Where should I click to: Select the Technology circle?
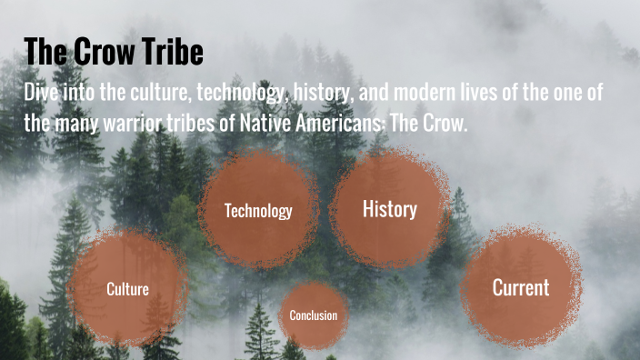click(x=258, y=211)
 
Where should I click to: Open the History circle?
click(x=389, y=209)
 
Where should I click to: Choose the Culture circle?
click(x=127, y=289)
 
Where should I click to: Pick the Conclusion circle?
click(x=313, y=315)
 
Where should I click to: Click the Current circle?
click(x=520, y=287)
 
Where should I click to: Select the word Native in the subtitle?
click(x=270, y=123)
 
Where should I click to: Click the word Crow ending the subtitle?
click(x=445, y=123)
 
